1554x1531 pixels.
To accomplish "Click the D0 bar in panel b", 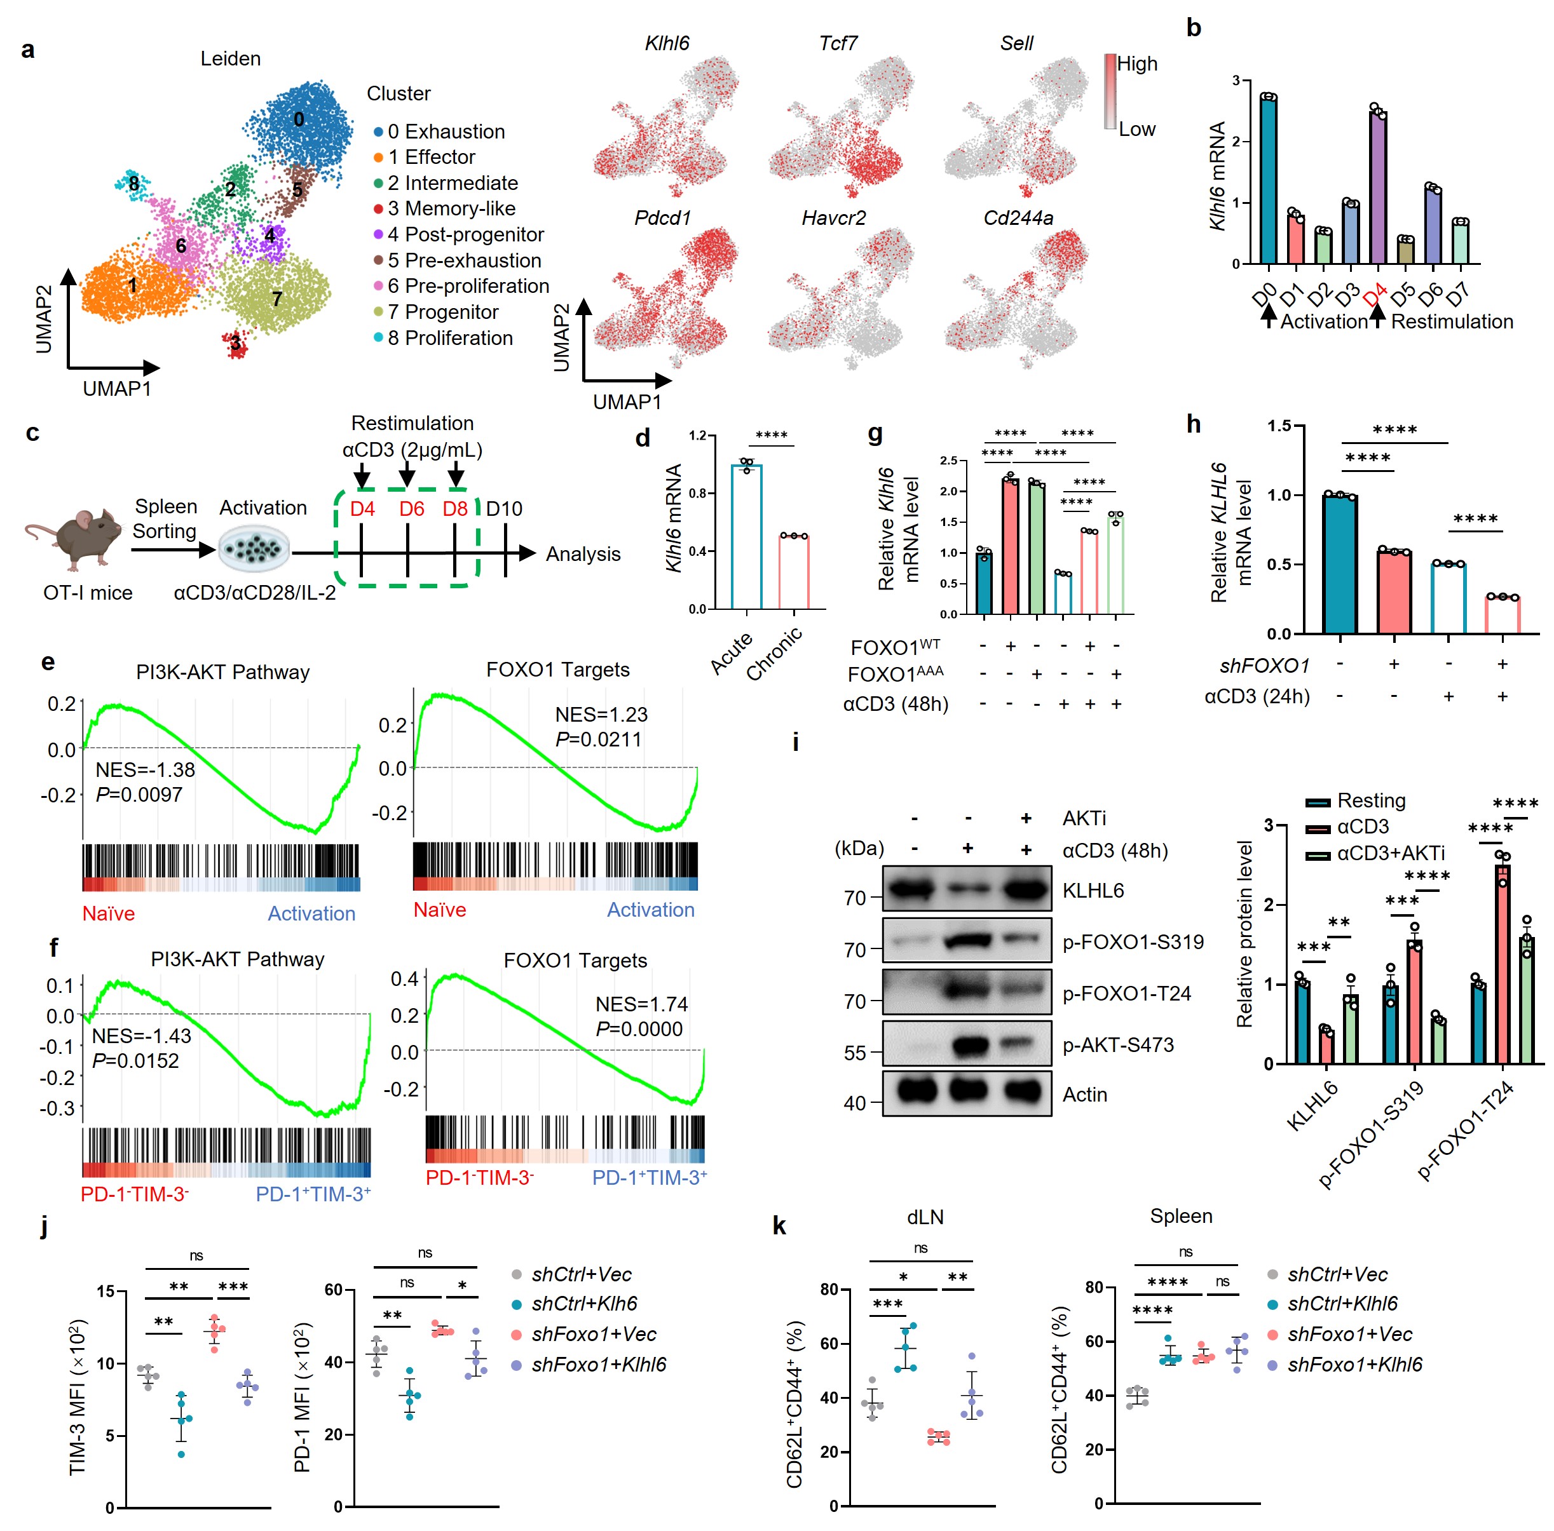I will pyautogui.click(x=1269, y=180).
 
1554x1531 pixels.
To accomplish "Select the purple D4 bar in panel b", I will pyautogui.click(x=1378, y=188).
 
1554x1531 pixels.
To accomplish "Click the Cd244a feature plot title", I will pyautogui.click(x=1018, y=218).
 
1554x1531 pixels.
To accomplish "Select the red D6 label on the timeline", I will pyautogui.click(x=412, y=509).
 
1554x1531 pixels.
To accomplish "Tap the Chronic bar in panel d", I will pyautogui.click(x=794, y=572).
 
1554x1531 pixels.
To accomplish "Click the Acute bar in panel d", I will pyautogui.click(x=746, y=537).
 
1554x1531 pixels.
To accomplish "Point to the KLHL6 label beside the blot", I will pyautogui.click(x=1093, y=890).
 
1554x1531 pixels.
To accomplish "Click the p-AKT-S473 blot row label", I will pyautogui.click(x=1118, y=1044).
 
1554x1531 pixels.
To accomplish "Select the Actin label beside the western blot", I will pyautogui.click(x=1084, y=1095).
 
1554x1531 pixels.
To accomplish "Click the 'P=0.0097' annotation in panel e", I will pyautogui.click(x=139, y=795).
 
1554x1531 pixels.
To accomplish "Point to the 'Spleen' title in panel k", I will pyautogui.click(x=1180, y=1216).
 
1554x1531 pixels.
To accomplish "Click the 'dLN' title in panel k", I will pyautogui.click(x=924, y=1217).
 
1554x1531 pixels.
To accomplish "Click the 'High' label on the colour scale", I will pyautogui.click(x=1136, y=64).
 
